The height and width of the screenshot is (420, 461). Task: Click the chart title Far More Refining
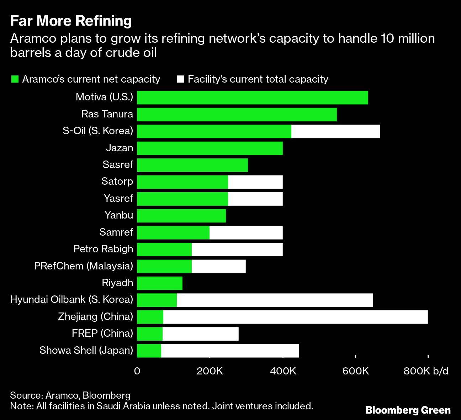[71, 21]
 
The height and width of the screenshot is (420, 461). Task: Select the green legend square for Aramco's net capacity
[15, 79]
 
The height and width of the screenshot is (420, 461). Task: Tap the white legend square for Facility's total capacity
[180, 79]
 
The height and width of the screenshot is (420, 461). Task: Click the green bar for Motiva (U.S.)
[252, 98]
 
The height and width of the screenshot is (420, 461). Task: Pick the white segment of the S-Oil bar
[335, 131]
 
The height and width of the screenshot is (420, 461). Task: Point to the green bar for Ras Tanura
[237, 115]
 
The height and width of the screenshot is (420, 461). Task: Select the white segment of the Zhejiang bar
[295, 317]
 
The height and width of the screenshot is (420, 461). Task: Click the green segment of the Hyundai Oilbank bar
[157, 300]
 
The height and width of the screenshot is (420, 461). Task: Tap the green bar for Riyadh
[160, 283]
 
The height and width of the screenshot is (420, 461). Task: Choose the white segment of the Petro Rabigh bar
[237, 250]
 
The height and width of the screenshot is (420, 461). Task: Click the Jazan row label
[120, 148]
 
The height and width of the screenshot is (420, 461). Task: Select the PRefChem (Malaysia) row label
[84, 266]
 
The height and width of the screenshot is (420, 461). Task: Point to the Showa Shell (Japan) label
[86, 350]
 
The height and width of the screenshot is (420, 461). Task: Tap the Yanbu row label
[119, 215]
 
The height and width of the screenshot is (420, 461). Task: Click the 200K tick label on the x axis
[210, 371]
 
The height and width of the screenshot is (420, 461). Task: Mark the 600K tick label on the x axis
[355, 371]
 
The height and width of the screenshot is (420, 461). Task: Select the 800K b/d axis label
[426, 371]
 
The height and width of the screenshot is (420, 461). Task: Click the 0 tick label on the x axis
[137, 371]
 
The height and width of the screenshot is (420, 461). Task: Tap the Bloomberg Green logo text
[408, 410]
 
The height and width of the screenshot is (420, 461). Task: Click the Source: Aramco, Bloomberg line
[70, 395]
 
